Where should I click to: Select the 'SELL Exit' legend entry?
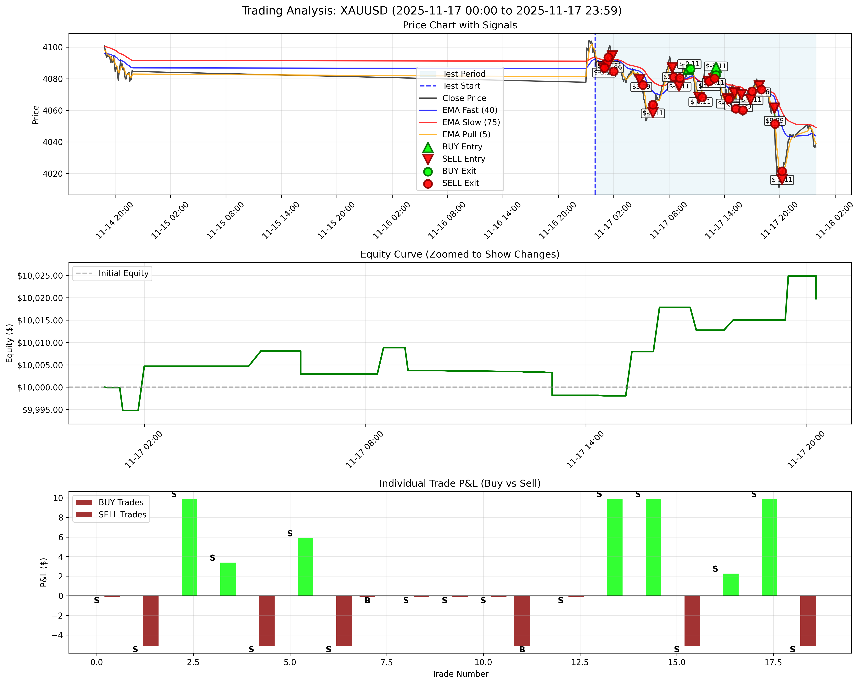[x=461, y=183]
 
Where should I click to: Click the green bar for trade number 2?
[x=189, y=547]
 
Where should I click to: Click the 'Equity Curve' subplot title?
[x=460, y=254]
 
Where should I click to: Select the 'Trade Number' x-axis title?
[x=460, y=674]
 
